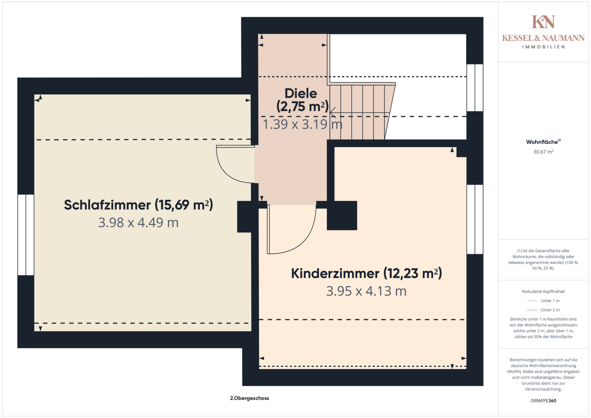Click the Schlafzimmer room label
coord(138,205)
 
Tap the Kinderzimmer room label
coord(366,273)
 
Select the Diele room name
coord(301,93)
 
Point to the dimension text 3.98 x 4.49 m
coord(138,222)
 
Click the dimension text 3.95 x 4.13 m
coord(366,291)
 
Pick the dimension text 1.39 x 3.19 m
coord(302,124)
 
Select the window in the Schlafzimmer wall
coord(26,235)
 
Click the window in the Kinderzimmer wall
coord(475,219)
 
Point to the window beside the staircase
coord(475,88)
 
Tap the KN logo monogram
coord(543,22)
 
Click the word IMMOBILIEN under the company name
coord(543,47)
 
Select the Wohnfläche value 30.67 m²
coord(543,152)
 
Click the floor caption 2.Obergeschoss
coord(250,398)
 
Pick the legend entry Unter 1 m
coord(543,301)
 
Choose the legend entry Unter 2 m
coord(543,310)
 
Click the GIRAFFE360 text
coord(543,400)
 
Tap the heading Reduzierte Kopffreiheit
coord(543,291)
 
